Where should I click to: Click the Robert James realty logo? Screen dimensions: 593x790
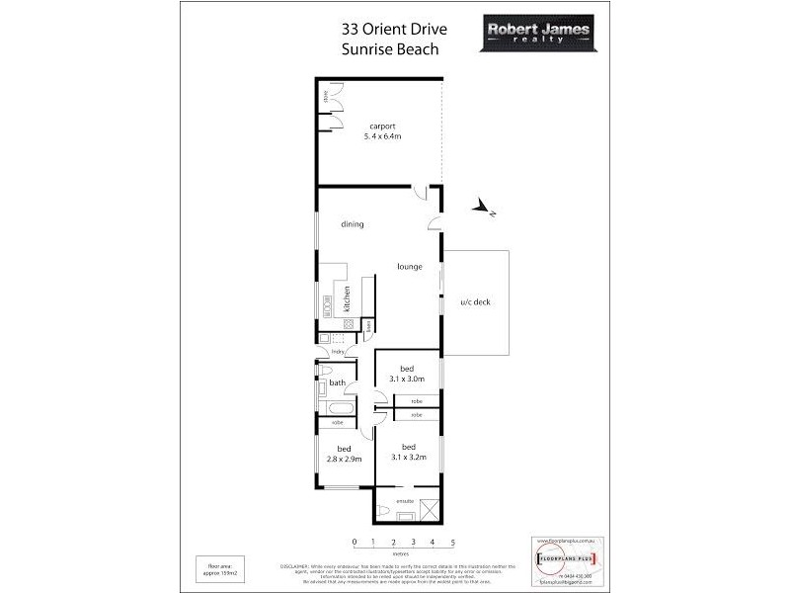(x=538, y=36)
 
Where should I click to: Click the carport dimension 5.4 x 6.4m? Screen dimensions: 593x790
(x=383, y=136)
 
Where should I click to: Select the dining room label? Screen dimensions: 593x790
(x=353, y=224)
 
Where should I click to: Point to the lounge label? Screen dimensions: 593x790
(x=410, y=266)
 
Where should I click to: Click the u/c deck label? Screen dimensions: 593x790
(x=475, y=302)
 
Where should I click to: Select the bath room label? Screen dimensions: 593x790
(x=337, y=382)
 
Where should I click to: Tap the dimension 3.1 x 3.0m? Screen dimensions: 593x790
(x=407, y=376)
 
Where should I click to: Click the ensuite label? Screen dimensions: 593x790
(x=405, y=502)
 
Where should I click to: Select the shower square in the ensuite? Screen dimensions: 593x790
(x=430, y=509)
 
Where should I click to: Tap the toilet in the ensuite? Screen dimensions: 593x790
(x=382, y=511)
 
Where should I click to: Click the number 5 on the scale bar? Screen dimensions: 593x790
(x=452, y=543)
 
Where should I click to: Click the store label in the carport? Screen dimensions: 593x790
(x=325, y=96)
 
